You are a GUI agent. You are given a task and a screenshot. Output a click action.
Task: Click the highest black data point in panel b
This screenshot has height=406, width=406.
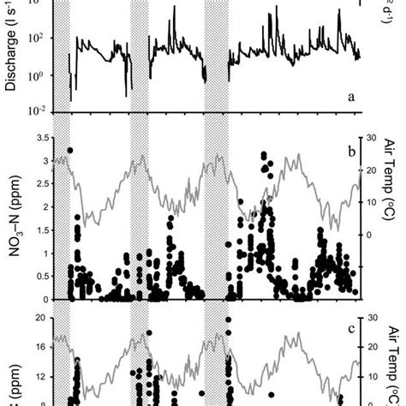tap(69, 150)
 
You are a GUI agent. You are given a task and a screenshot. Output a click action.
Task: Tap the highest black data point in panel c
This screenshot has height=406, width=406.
tap(228, 319)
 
